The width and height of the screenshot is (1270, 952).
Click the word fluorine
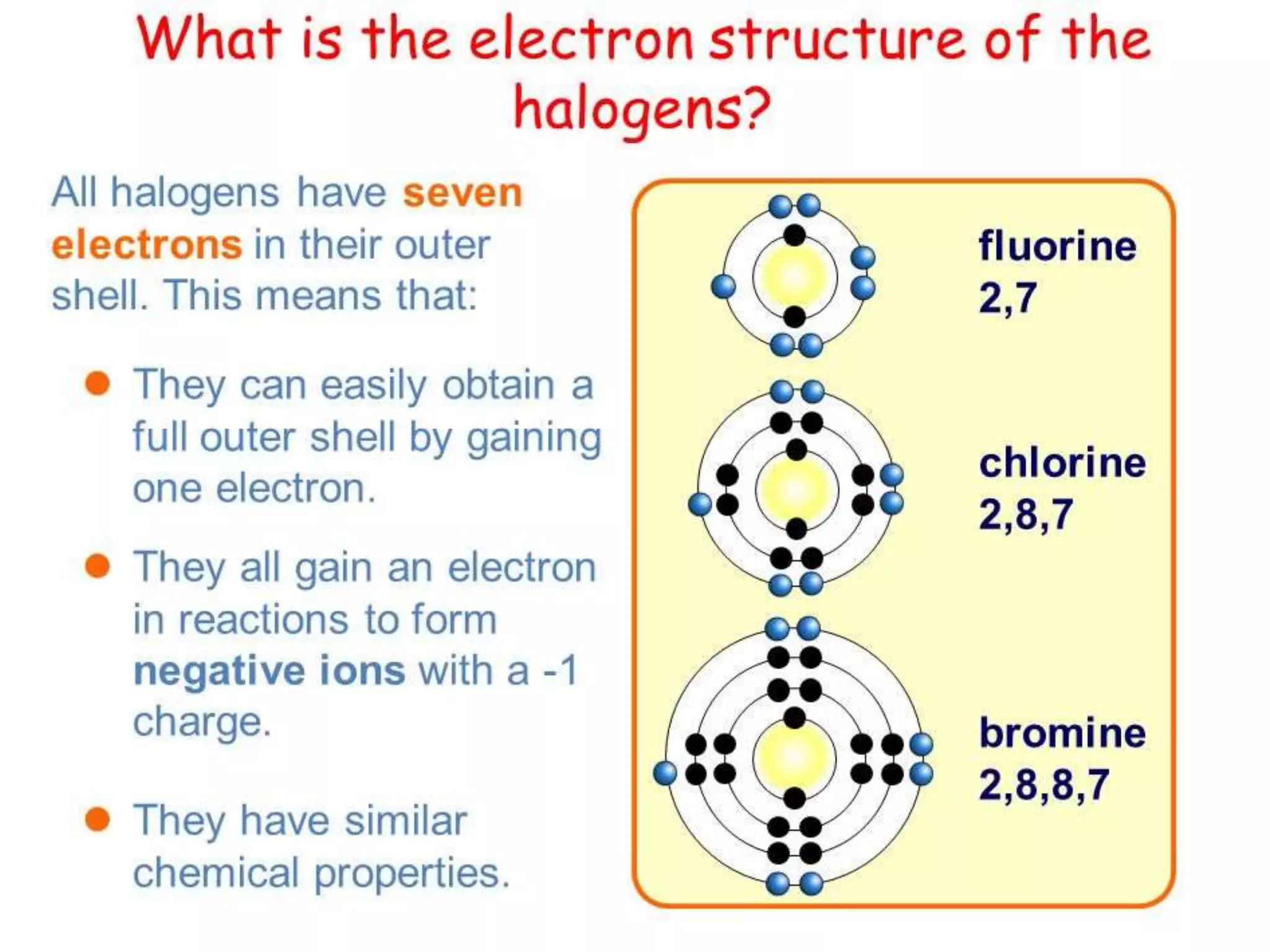click(1057, 246)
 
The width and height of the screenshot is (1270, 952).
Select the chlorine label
click(1062, 463)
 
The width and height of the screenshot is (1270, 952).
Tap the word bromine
click(1062, 733)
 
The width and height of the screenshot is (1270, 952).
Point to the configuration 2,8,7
click(1026, 514)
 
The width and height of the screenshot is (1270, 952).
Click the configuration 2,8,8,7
click(1044, 785)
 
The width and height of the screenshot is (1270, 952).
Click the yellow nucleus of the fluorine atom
click(794, 276)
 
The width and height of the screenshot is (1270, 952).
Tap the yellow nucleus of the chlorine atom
click(796, 490)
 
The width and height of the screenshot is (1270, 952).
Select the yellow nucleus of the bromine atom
click(794, 757)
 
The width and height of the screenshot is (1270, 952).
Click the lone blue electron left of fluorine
click(723, 286)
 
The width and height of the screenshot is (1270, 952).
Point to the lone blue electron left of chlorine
click(700, 504)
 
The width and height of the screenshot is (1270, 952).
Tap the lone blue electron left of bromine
click(665, 773)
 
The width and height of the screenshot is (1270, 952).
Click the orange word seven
click(463, 193)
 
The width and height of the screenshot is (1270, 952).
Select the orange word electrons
click(146, 245)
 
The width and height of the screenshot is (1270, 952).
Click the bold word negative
click(218, 671)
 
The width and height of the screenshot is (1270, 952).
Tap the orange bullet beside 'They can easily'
click(97, 384)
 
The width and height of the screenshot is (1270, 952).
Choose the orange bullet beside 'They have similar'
click(97, 819)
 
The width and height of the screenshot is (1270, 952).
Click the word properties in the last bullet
click(412, 873)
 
